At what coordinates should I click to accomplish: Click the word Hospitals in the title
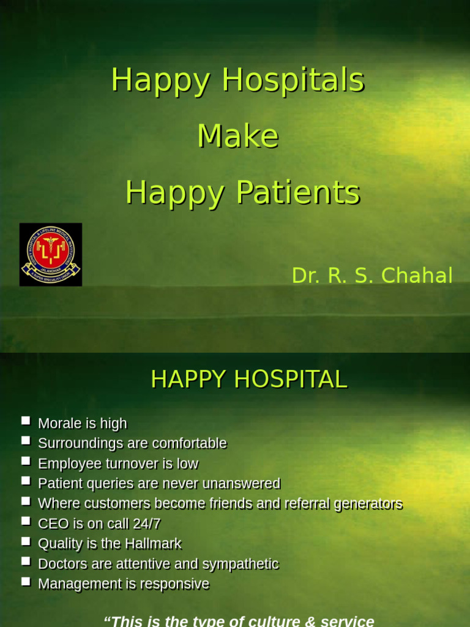(293, 80)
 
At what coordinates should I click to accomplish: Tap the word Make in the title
(238, 136)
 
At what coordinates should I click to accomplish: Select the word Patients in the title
(297, 193)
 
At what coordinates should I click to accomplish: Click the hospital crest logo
(51, 254)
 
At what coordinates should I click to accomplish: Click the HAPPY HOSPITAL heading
(248, 380)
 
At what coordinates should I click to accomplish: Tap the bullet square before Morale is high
(26, 421)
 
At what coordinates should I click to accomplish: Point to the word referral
(306, 504)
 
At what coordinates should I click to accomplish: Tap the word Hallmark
(153, 544)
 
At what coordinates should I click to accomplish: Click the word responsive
(174, 584)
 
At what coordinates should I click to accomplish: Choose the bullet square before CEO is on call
(26, 521)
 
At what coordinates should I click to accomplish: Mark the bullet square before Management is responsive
(26, 581)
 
